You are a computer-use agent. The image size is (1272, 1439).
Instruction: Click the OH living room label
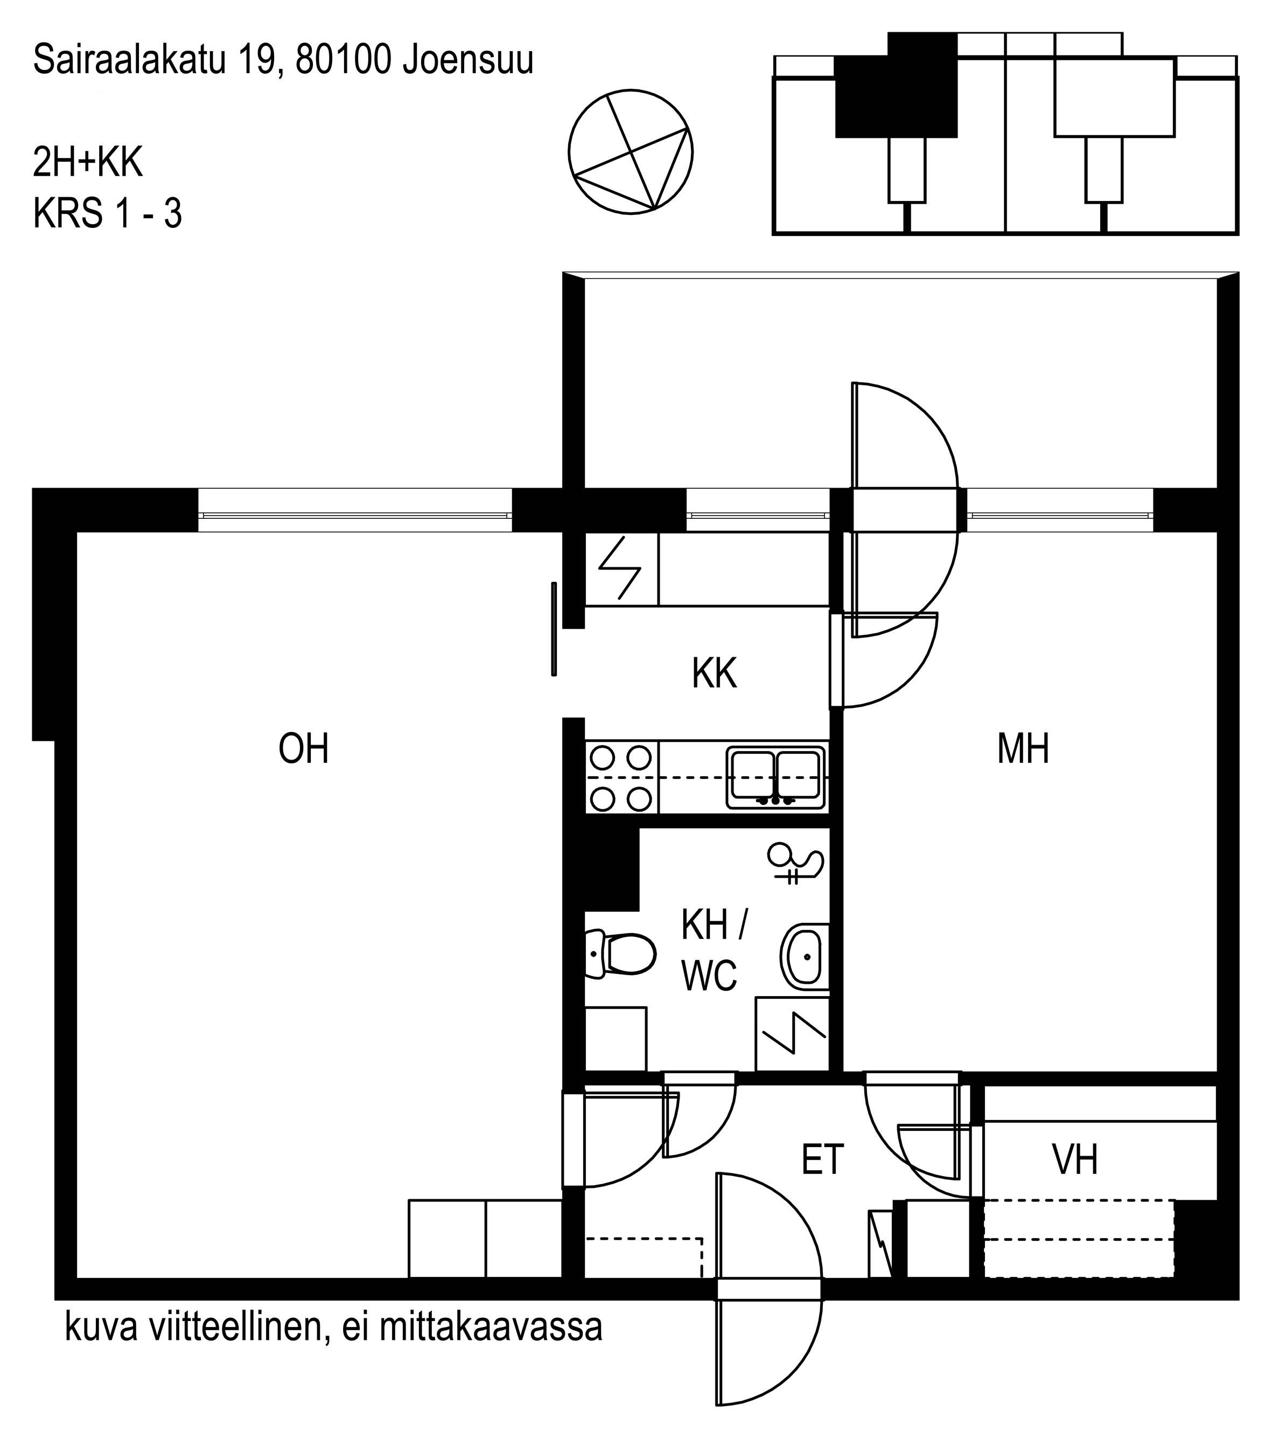304,748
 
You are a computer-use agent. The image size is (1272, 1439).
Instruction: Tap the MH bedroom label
1023,748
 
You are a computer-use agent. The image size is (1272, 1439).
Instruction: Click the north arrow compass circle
631,151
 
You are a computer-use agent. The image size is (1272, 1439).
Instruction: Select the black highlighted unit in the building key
896,85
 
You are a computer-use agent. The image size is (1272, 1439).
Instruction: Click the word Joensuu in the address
468,60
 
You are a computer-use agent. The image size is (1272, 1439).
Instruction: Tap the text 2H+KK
88,163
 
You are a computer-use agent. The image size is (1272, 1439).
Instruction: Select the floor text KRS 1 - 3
108,213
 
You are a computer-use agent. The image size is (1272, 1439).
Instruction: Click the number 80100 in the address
344,60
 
